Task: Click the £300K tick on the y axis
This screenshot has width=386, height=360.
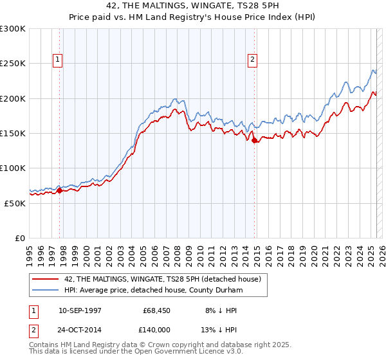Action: click(13, 29)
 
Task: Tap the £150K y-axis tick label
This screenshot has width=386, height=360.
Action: click(13, 134)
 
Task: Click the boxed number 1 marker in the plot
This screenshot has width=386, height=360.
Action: click(58, 60)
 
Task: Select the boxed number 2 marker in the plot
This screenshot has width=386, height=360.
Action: click(253, 60)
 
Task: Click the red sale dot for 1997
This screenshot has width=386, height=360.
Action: click(60, 190)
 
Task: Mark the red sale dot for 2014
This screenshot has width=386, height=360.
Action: click(255, 140)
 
